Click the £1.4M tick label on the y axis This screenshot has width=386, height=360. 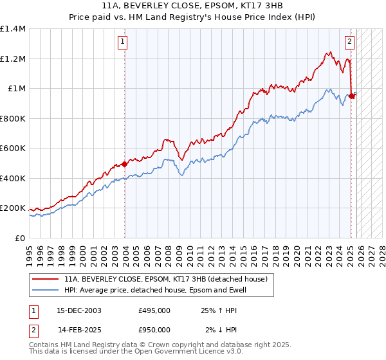[x=13, y=29]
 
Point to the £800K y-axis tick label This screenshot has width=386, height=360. [x=13, y=118]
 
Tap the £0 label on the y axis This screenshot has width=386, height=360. [x=21, y=239]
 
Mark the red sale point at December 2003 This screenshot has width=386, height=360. [x=125, y=164]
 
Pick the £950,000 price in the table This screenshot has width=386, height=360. [x=154, y=330]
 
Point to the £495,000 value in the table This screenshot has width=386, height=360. [x=154, y=310]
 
